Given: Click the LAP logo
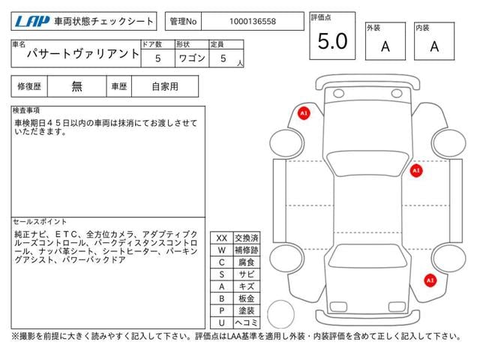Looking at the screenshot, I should coord(31,22).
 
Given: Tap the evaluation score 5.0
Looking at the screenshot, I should coord(332,41).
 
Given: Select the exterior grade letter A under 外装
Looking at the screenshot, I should coord(385,46).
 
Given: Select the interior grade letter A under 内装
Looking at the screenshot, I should coord(433,46).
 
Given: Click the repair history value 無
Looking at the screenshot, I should coord(77,86).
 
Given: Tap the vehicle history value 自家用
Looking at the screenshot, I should coord(165,86).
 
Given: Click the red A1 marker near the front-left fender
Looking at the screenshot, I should coord(304,113).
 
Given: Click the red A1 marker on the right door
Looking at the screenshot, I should coord(416,171).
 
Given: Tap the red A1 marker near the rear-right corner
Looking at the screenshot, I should coord(430,280).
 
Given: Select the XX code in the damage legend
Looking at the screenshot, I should coord(221,238).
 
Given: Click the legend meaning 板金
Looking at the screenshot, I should coord(245,298).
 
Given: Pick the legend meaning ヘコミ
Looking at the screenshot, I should coord(245,322).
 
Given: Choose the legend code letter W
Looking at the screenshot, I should coord(221,250).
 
